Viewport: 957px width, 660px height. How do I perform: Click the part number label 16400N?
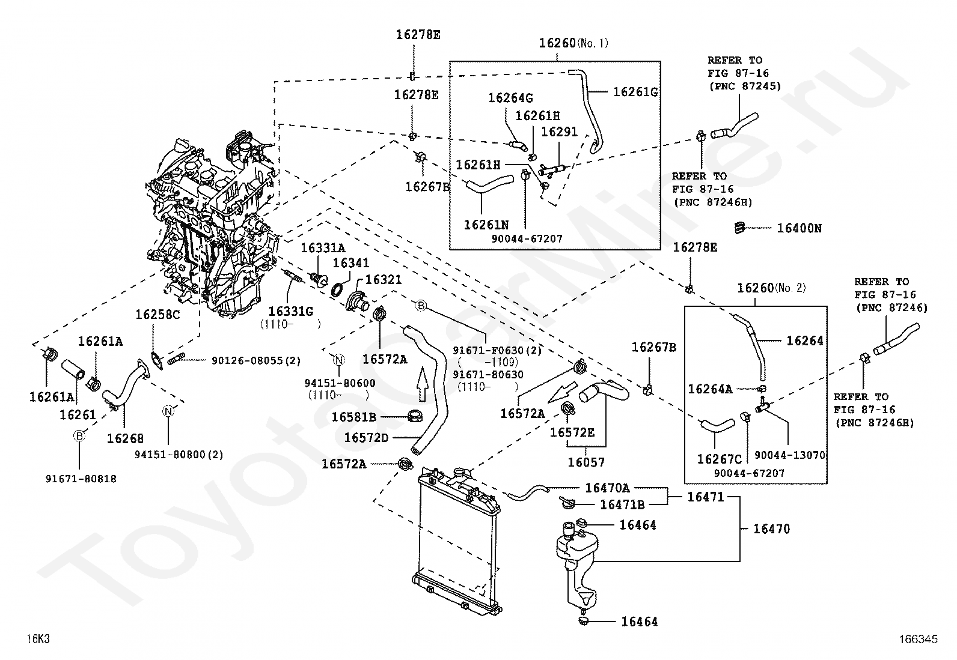pos(799,228)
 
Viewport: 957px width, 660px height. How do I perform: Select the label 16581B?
pos(353,417)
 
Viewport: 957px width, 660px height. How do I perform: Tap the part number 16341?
pos(350,263)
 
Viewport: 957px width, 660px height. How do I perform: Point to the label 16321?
pos(384,280)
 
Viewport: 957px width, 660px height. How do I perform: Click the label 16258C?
pos(157,315)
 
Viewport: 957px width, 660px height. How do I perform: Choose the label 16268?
pos(125,438)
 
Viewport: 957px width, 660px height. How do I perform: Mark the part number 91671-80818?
pos(81,479)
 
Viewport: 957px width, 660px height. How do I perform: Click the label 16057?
pos(586,462)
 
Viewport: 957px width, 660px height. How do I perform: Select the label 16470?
pos(772,529)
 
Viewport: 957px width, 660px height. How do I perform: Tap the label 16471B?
pos(622,504)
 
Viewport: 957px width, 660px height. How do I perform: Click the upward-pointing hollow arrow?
pos(422,384)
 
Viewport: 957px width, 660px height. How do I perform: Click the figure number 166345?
pos(919,639)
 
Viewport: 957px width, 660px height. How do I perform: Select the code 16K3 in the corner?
pos(38,639)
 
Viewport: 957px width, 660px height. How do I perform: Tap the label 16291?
pos(559,132)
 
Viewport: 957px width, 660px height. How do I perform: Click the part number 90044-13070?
pos(789,455)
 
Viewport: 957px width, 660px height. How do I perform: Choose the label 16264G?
pos(510,98)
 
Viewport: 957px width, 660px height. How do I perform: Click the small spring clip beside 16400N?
pos(739,228)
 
